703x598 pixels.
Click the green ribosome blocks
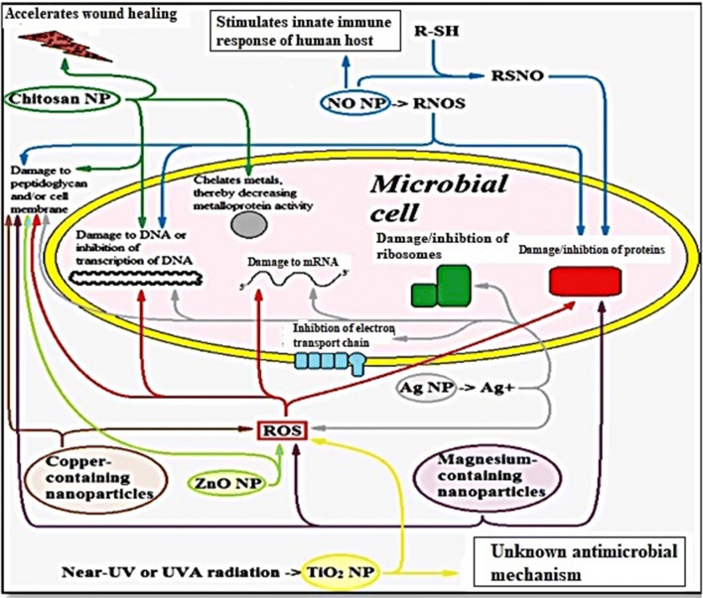tap(439, 285)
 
